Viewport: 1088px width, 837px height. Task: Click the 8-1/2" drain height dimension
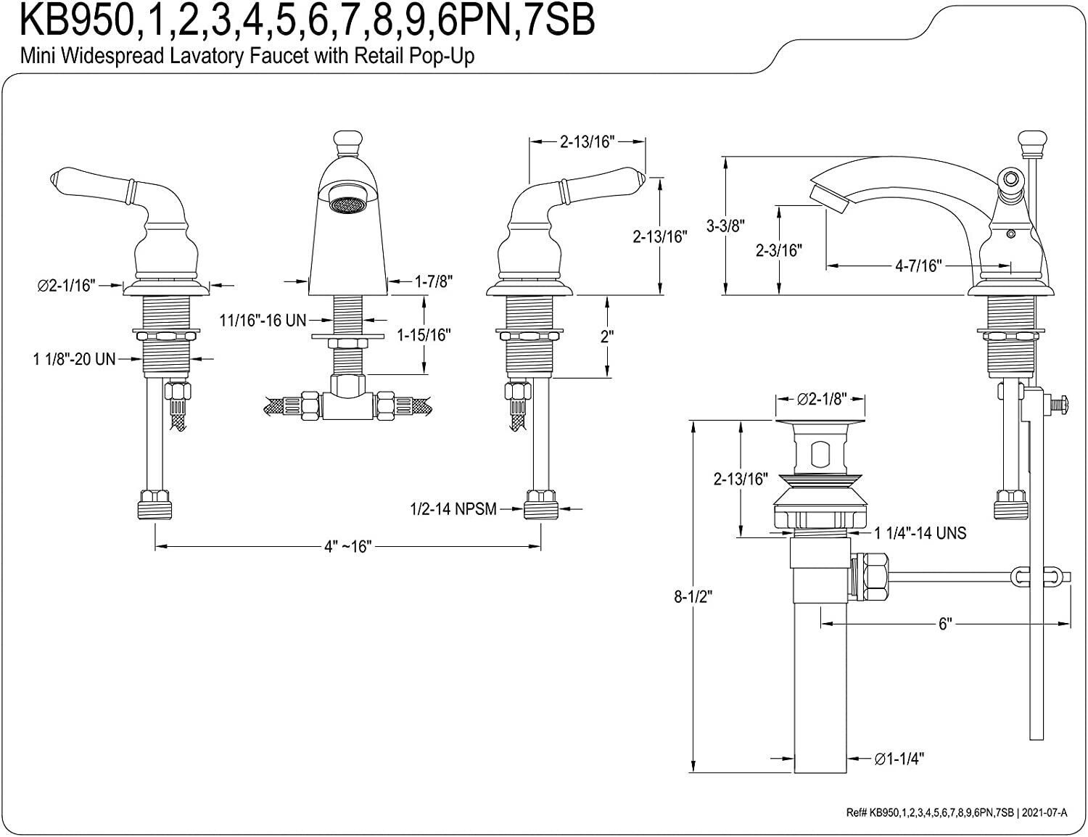click(x=693, y=597)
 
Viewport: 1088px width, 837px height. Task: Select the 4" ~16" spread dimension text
click(x=348, y=546)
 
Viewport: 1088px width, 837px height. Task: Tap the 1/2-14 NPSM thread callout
click(x=453, y=509)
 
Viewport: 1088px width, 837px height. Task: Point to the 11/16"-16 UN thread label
click(x=263, y=320)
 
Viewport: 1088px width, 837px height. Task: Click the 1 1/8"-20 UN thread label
click(x=74, y=359)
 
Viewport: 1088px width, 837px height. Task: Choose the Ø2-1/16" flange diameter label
click(x=66, y=285)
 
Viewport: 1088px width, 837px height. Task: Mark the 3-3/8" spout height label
click(x=725, y=226)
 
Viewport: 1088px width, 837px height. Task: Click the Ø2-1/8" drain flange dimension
click(x=822, y=398)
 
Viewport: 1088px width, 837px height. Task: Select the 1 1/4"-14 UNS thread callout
click(x=920, y=533)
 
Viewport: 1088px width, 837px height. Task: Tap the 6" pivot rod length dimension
click(x=945, y=624)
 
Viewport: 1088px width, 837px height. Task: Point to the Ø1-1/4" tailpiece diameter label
click(x=899, y=759)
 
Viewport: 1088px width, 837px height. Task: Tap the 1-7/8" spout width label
click(x=434, y=282)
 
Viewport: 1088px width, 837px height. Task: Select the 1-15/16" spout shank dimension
click(x=424, y=335)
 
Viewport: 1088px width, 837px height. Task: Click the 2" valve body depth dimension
click(x=607, y=337)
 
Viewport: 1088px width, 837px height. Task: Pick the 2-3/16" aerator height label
click(x=779, y=250)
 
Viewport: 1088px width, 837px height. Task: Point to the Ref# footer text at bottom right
click(x=956, y=812)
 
